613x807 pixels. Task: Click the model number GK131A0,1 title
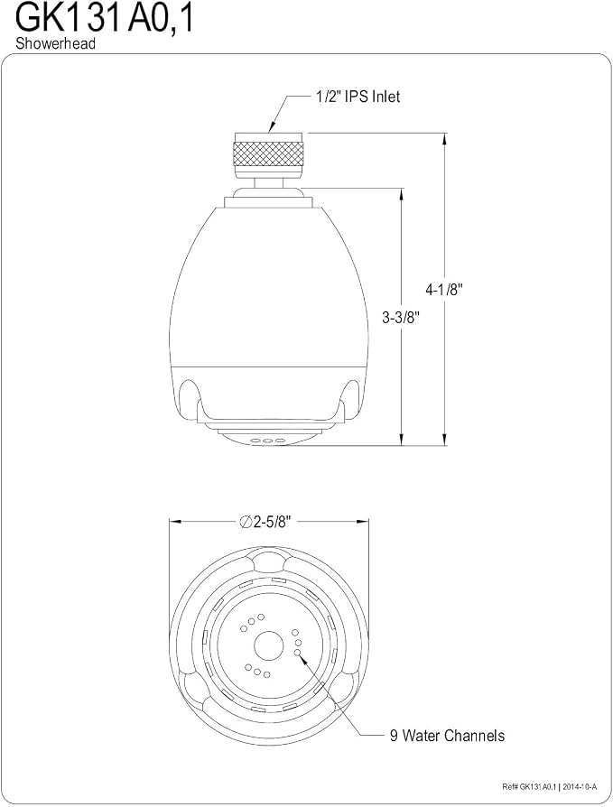click(105, 20)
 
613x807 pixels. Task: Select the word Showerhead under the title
click(56, 43)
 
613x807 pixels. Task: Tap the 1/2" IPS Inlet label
click(358, 97)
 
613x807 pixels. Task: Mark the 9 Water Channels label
click(447, 736)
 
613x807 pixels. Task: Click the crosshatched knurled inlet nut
click(269, 153)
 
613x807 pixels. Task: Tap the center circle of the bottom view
click(269, 644)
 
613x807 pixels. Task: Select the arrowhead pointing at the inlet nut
click(271, 127)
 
